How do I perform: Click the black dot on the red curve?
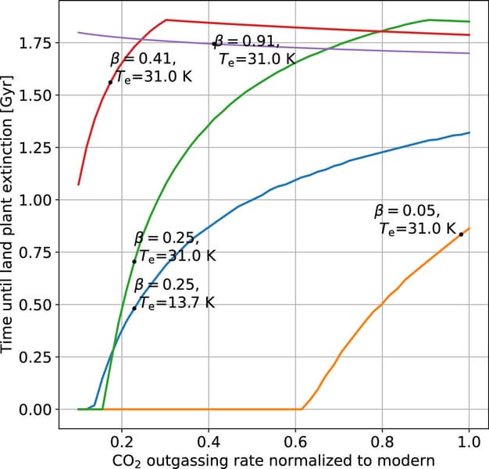110,82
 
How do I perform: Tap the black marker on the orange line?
461,234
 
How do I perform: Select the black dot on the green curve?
134,261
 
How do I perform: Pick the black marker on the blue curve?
134,308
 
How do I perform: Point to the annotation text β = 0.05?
407,210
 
